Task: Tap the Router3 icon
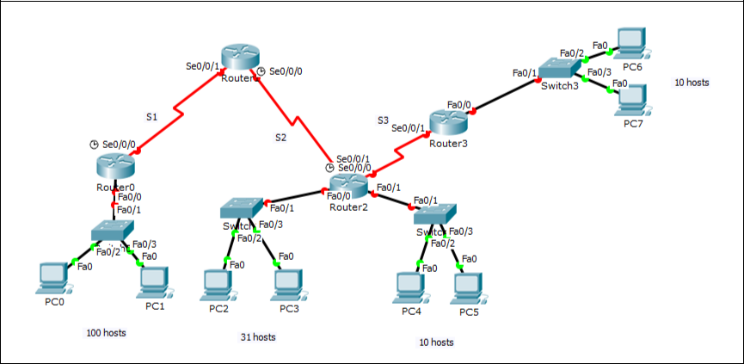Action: (x=448, y=123)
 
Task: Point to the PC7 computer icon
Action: (x=633, y=101)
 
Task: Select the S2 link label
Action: (x=281, y=137)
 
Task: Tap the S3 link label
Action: (x=384, y=120)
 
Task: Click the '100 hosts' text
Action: (x=107, y=332)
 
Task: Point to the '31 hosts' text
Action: (x=257, y=337)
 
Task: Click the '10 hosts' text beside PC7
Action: (x=692, y=83)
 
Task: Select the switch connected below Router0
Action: (x=114, y=231)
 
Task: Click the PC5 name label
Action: (x=469, y=312)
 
